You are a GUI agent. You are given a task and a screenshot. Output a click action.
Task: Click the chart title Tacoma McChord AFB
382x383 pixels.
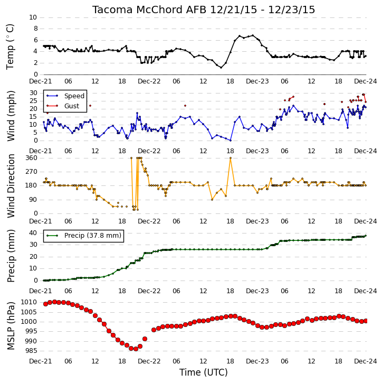point(149,10)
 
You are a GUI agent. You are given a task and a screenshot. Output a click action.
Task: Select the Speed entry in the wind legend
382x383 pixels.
point(74,96)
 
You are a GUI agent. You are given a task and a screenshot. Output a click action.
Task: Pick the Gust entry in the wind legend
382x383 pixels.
point(72,106)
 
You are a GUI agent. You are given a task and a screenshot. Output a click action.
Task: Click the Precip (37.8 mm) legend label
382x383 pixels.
point(93,236)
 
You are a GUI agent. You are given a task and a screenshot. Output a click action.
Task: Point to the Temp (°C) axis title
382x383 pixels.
point(10,46)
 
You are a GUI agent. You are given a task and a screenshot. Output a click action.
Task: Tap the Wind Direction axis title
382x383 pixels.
point(11,186)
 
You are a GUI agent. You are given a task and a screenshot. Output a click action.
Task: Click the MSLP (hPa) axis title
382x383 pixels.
point(11,326)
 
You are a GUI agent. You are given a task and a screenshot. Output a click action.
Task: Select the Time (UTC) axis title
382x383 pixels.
point(204,372)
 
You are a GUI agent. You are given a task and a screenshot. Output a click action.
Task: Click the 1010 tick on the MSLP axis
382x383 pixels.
point(28,302)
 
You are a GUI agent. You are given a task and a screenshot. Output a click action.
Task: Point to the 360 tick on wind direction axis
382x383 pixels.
point(31,158)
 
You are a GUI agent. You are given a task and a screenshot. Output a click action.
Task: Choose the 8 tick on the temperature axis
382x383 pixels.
point(35,29)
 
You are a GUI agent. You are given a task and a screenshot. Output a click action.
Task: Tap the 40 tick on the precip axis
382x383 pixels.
point(33,233)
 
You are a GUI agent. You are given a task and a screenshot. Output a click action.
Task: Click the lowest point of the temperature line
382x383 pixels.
point(221,68)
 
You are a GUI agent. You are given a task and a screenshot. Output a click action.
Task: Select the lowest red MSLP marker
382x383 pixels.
point(136,349)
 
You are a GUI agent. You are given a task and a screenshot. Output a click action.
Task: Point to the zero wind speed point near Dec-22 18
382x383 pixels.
point(230,141)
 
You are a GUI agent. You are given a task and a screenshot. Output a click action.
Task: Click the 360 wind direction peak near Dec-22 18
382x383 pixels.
point(230,158)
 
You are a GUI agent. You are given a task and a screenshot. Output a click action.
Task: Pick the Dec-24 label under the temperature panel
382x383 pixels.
point(366,81)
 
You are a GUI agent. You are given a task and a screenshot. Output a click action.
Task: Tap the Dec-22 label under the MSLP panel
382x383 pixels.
point(149,361)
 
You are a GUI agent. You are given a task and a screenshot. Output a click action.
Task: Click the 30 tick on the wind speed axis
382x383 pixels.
point(33,93)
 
